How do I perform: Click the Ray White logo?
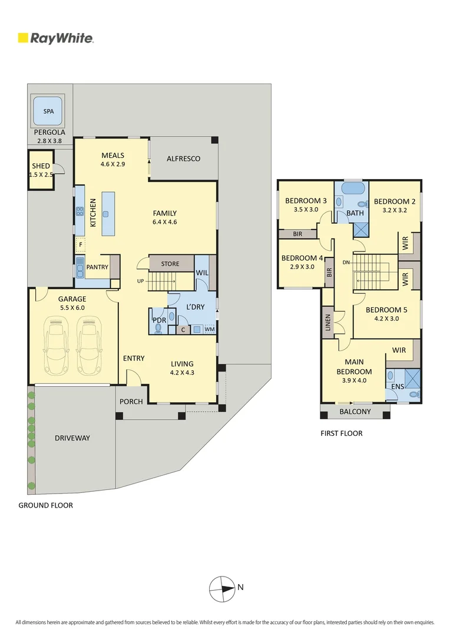(55, 39)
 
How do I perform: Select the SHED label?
(41, 166)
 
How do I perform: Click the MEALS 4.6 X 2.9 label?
(113, 160)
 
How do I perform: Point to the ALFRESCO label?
(183, 159)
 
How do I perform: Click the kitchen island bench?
(107, 213)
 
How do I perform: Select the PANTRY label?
(97, 267)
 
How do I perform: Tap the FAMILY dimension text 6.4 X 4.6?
(164, 222)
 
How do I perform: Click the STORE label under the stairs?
(170, 264)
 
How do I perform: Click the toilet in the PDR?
(158, 329)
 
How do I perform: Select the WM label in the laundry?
(209, 329)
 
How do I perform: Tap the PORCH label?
(131, 402)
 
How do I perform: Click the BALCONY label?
(355, 412)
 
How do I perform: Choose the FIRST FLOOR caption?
(342, 433)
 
